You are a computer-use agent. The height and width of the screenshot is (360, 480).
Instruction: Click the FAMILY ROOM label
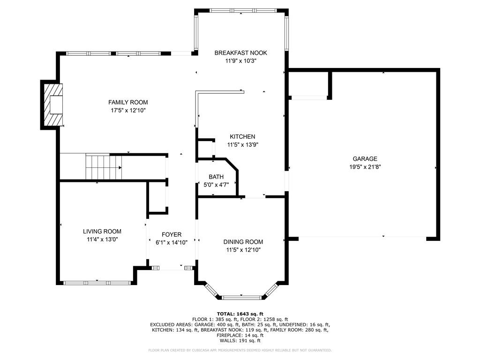128,102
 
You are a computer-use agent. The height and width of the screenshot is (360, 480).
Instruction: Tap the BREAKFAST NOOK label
240,52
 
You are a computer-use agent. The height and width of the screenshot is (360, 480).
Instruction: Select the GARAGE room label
365,158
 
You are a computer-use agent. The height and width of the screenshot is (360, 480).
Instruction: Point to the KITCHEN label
242,136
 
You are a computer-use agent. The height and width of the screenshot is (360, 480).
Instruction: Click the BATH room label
216,177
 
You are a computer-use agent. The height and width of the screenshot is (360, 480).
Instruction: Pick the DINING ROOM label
243,242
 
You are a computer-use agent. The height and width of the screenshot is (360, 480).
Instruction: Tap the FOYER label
172,234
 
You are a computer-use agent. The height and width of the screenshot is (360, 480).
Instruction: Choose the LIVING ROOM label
102,232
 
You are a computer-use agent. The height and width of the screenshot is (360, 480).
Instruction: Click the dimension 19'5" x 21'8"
365,167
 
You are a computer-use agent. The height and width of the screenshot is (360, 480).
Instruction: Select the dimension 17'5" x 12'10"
128,111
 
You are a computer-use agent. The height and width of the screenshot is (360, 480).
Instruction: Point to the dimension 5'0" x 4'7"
216,185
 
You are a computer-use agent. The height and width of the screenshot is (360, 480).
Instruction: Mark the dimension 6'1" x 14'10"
172,243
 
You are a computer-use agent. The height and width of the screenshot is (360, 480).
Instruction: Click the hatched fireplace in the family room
53,105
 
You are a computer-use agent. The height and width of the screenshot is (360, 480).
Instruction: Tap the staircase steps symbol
104,167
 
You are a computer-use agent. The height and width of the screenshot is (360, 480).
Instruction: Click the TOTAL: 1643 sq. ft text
240,314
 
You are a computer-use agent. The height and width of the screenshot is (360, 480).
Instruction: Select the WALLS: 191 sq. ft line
240,340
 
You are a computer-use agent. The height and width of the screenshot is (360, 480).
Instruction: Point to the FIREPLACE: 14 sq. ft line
240,335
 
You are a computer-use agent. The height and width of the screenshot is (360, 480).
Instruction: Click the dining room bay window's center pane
241,297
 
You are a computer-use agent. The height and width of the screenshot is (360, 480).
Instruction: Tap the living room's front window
97,283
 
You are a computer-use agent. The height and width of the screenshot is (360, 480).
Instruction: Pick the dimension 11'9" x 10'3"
240,61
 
